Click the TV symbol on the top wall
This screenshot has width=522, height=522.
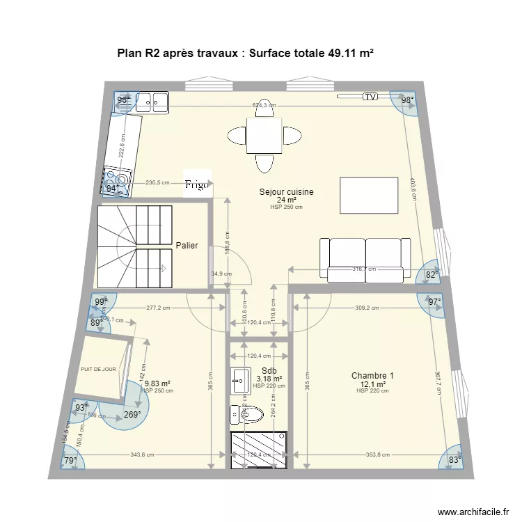coord(370,97)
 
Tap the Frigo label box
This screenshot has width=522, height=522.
coord(196,184)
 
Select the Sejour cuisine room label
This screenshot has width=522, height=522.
coord(286,192)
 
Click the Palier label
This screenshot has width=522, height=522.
coord(187,246)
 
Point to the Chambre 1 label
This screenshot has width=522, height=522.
coord(372,376)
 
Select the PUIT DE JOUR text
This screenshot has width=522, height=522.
coord(98,370)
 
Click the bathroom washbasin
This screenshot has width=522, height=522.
coord(241,379)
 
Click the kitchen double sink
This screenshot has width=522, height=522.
coord(152,102)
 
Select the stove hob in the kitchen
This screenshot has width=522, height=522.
coord(116,180)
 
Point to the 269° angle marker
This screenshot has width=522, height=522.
coord(131,415)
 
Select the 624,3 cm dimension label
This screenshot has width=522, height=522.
coord(264,106)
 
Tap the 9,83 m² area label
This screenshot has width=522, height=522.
coord(157,383)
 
